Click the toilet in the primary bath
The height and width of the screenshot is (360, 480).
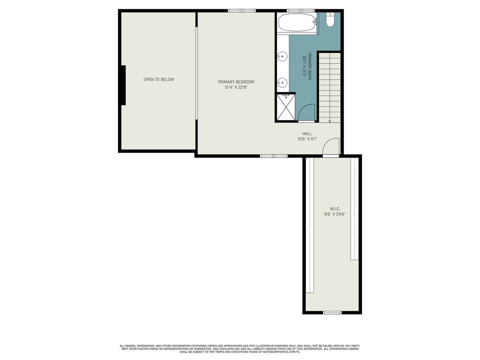(330, 20)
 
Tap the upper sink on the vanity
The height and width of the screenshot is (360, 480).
(282, 56)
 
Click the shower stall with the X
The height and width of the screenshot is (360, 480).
(286, 107)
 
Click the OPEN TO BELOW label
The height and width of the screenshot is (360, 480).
(159, 80)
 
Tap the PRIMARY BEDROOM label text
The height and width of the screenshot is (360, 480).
(236, 82)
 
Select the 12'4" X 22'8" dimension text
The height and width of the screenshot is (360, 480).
(236, 88)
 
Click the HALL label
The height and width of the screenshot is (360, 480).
(307, 134)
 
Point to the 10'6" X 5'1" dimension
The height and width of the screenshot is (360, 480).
(307, 139)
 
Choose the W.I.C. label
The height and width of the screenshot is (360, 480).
(335, 209)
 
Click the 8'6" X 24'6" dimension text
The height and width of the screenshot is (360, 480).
(335, 214)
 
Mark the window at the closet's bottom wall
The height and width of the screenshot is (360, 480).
(332, 312)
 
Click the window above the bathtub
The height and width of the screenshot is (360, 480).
(301, 10)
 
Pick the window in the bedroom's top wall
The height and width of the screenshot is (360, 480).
(242, 10)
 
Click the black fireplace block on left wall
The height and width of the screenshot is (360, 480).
(122, 85)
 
